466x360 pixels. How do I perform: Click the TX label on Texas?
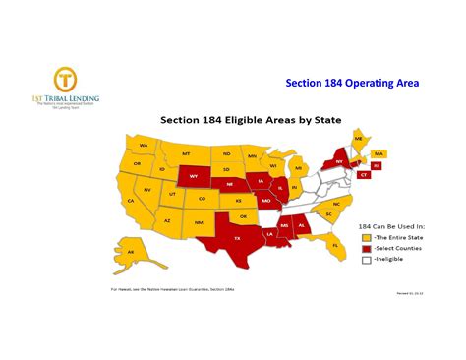236,238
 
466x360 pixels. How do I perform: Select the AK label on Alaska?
130,253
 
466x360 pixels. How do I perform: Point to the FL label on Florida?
335,245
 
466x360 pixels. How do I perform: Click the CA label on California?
130,201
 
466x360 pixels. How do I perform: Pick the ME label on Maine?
358,140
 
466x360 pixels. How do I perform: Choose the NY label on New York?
339,161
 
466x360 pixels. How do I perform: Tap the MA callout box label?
379,153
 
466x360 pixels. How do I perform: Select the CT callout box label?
364,175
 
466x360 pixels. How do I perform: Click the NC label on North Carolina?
335,204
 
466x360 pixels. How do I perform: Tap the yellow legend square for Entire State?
366,237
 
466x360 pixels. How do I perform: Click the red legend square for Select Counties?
366,249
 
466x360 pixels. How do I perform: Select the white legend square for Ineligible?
366,261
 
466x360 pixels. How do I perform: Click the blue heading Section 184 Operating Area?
352,84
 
